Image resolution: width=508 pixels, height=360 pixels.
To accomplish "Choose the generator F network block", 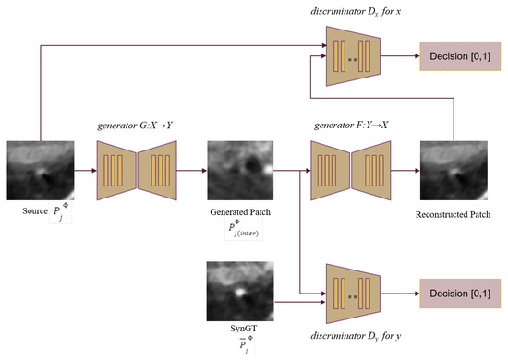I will tap(351, 171).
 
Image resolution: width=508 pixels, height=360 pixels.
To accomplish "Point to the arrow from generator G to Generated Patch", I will tap(189, 171).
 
